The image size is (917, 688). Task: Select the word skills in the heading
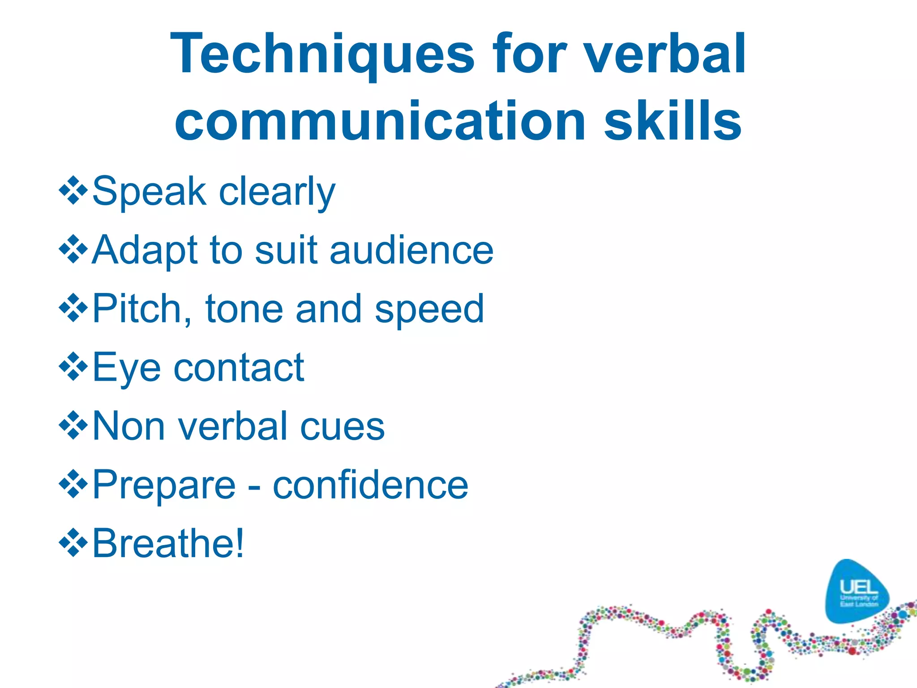(673, 121)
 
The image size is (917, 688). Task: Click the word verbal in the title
(665, 55)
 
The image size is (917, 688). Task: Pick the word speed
(429, 310)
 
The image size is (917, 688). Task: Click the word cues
(342, 426)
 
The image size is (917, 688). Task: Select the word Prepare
(164, 486)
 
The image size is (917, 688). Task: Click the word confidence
(370, 485)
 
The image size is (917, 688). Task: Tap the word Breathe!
(168, 543)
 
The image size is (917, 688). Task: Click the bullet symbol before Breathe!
(73, 543)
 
